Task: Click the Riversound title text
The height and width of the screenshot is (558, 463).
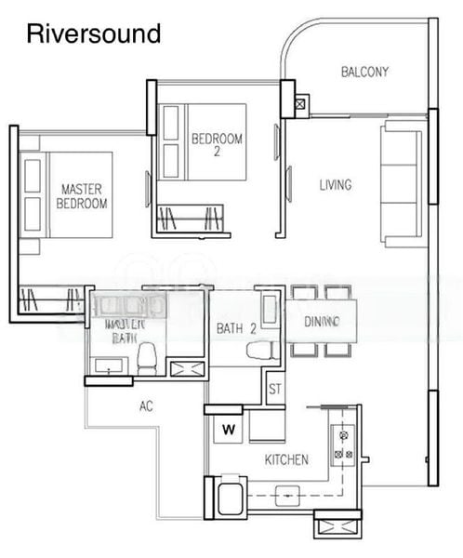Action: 94,34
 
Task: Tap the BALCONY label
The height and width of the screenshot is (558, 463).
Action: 364,72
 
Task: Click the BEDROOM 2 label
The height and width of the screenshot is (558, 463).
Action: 217,146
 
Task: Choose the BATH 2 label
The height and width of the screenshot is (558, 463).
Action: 235,327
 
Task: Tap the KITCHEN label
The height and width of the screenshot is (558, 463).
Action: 286,460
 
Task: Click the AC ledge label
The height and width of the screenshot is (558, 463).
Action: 145,405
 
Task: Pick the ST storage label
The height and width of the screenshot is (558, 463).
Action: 275,389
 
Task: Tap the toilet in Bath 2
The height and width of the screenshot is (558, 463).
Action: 259,351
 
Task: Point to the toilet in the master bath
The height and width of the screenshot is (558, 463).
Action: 147,358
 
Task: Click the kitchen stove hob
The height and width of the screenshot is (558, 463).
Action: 341,444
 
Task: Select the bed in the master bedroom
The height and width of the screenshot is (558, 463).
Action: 66,196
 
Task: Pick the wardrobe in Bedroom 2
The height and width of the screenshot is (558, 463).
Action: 193,219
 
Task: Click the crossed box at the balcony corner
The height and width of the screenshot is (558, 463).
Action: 300,103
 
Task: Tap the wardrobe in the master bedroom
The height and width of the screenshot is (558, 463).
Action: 51,299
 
